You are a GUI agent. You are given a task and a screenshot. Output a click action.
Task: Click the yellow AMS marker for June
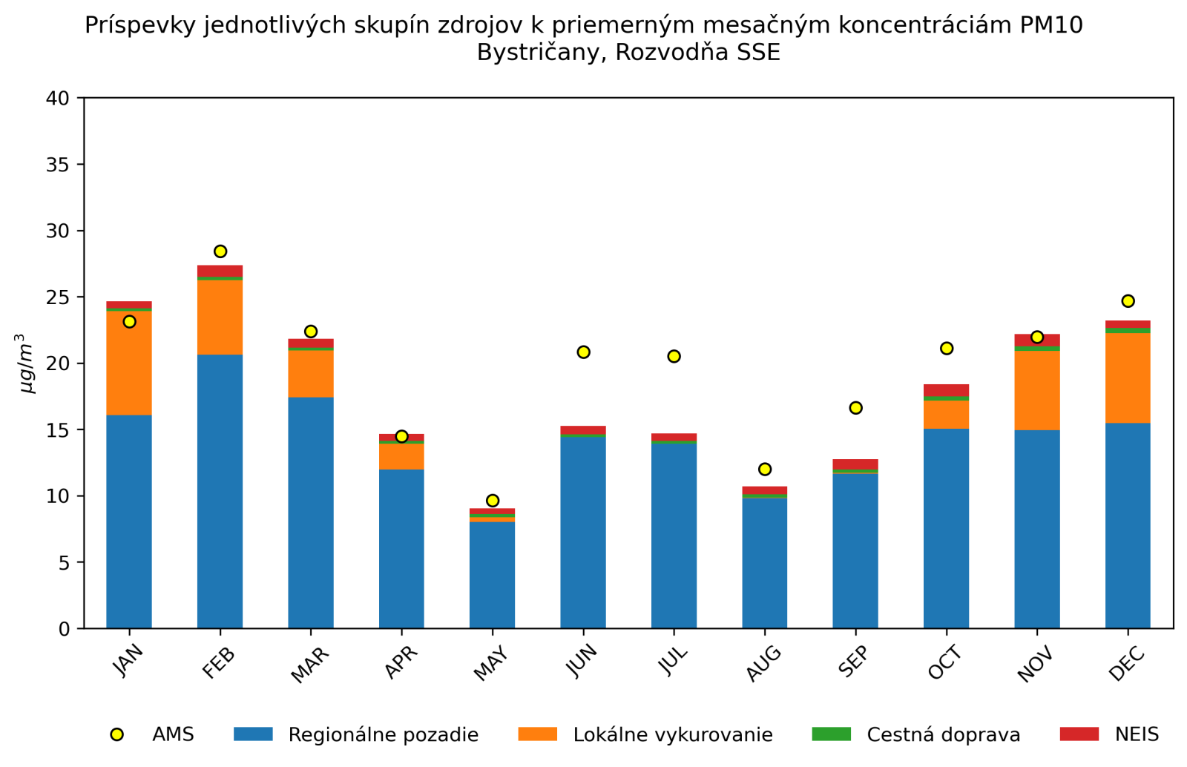583,352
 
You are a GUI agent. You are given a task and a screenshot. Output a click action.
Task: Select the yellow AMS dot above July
674,356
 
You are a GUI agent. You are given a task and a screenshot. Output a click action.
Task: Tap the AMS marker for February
220,251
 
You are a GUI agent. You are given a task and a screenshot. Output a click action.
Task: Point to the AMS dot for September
855,408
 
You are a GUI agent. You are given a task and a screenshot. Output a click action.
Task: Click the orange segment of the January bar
129,363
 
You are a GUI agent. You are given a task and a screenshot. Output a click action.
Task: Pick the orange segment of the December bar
1128,378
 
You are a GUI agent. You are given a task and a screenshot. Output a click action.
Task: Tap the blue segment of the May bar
492,575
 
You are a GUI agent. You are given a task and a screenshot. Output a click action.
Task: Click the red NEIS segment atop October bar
946,390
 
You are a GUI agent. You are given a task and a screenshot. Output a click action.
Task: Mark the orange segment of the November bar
1037,390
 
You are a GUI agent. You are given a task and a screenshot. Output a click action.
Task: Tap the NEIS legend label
1137,735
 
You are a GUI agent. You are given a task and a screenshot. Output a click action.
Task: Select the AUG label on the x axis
763,662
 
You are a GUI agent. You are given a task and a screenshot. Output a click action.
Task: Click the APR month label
401,662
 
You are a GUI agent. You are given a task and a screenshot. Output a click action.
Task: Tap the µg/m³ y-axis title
26,363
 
